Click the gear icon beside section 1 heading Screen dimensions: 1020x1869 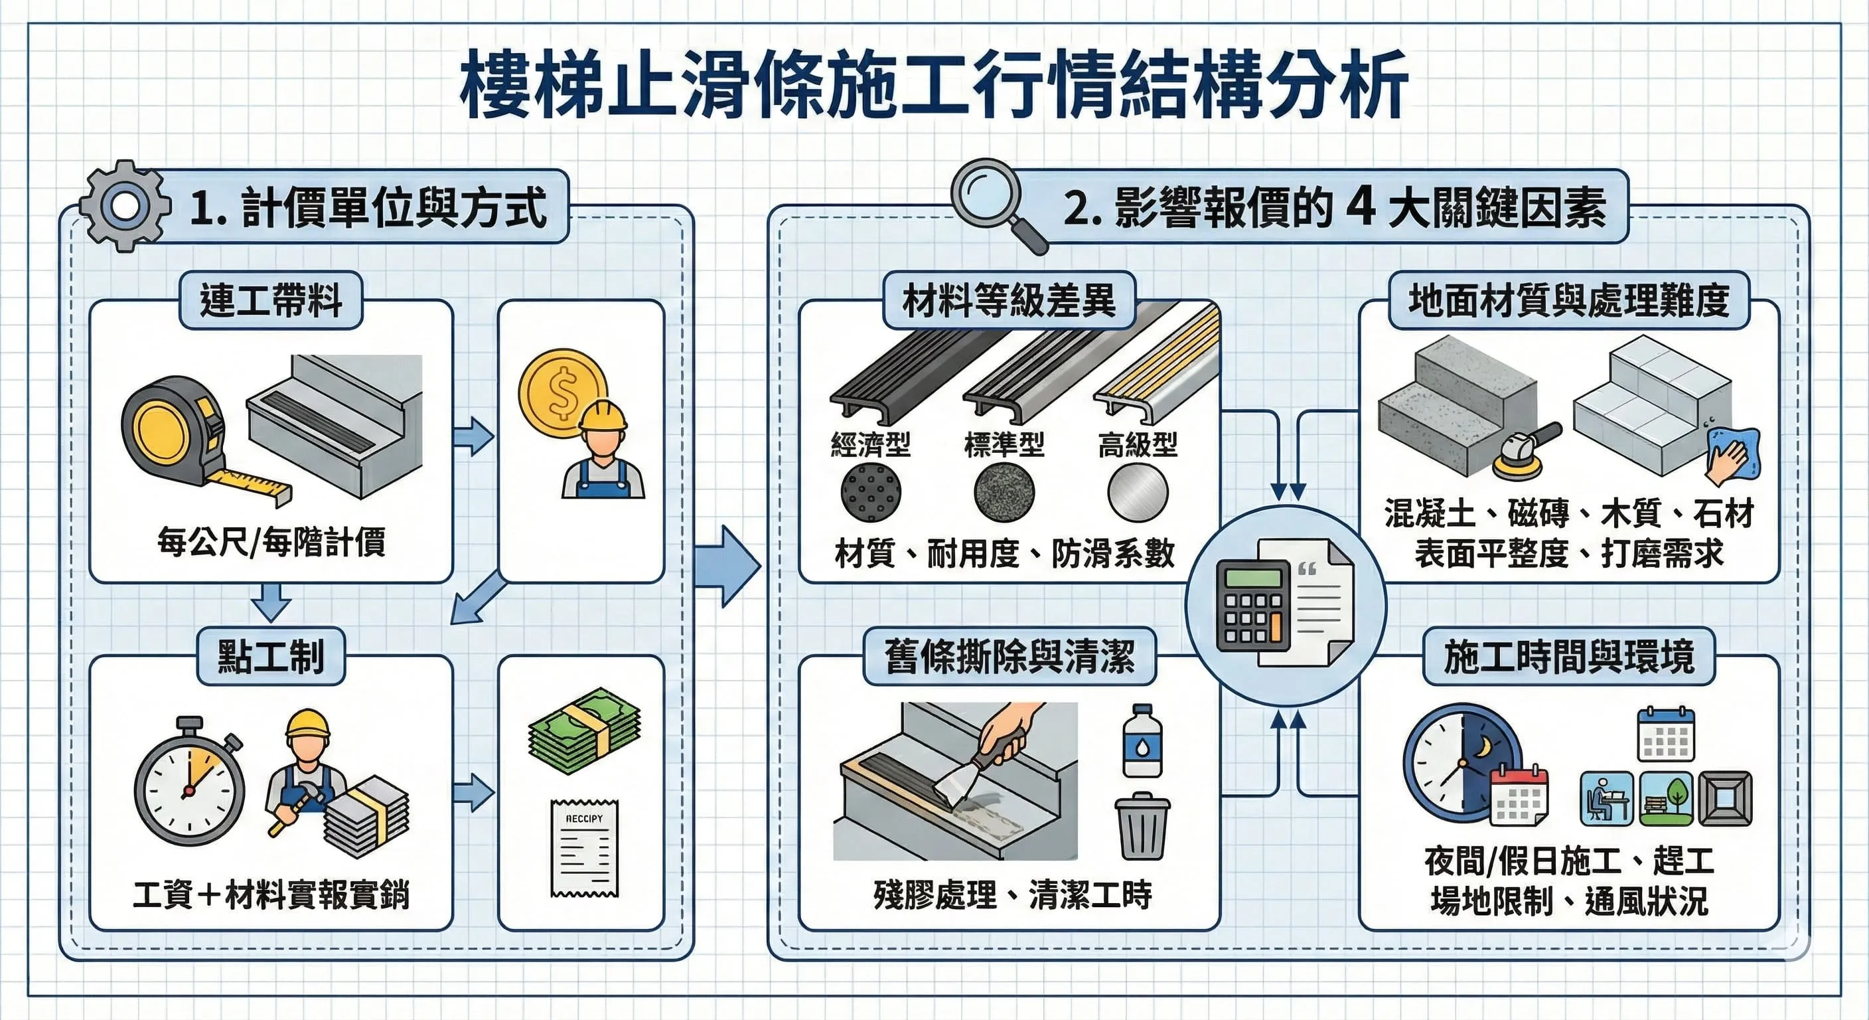pos(125,206)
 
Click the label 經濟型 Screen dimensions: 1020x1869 pos(871,444)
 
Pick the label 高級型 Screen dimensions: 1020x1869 pos(1137,444)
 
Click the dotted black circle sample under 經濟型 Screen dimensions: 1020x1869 pos(871,492)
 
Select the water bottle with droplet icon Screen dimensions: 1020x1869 pos(1142,740)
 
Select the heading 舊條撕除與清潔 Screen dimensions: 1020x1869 pos(1009,656)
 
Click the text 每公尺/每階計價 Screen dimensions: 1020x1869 pos(271,543)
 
